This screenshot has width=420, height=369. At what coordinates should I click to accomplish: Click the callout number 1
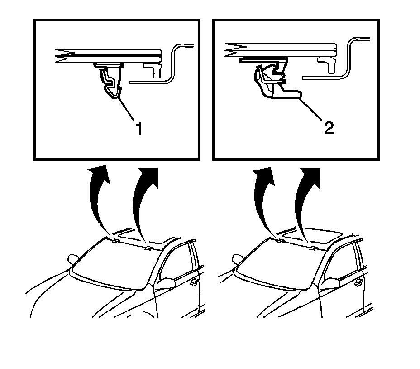pyautogui.click(x=139, y=128)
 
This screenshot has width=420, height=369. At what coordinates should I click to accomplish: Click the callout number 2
pyautogui.click(x=329, y=128)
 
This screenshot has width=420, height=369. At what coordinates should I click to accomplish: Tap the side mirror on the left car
pyautogui.click(x=166, y=283)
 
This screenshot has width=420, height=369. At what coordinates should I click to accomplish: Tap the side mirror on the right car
pyautogui.click(x=330, y=283)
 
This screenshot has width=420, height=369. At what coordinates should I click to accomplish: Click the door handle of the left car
pyautogui.click(x=193, y=282)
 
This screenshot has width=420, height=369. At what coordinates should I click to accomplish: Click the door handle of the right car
pyautogui.click(x=358, y=282)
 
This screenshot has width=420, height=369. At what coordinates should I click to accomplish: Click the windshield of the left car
pyautogui.click(x=113, y=263)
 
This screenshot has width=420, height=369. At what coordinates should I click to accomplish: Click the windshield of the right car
pyautogui.click(x=277, y=263)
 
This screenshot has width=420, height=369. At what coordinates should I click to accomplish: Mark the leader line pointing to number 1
pyautogui.click(x=125, y=110)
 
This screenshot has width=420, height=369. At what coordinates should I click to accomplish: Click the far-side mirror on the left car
pyautogui.click(x=72, y=259)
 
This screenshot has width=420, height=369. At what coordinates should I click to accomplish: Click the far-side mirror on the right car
pyautogui.click(x=237, y=259)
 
